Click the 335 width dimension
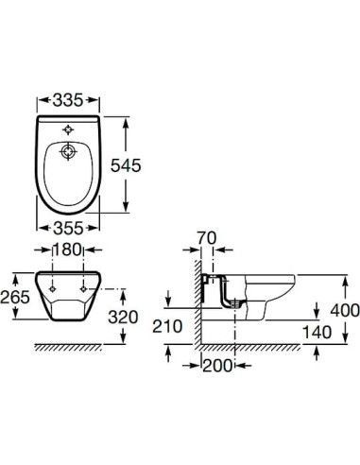pyautogui.click(x=68, y=100)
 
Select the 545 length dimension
pyautogui.click(x=126, y=165)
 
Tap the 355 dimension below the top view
pyautogui.click(x=68, y=228)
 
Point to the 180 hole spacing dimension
pyautogui.click(x=67, y=250)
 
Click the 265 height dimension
pyautogui.click(x=15, y=297)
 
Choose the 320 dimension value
pyautogui.click(x=123, y=317)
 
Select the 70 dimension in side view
pyautogui.click(x=207, y=238)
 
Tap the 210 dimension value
pyautogui.click(x=167, y=326)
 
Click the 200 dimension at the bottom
pyautogui.click(x=217, y=366)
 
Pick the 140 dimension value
pyautogui.click(x=317, y=333)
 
